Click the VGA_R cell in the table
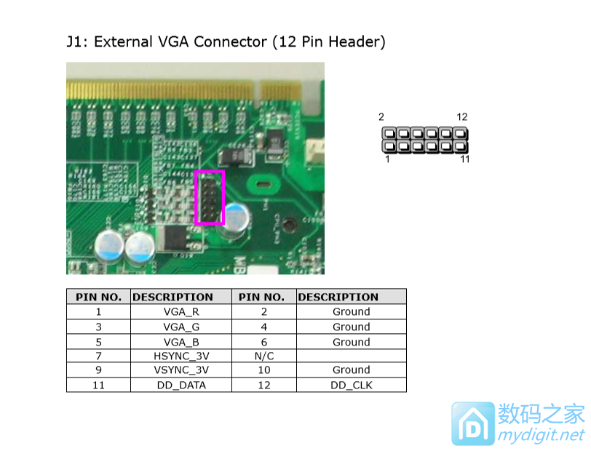tap(181, 311)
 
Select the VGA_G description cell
tap(181, 327)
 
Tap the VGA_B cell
tap(181, 342)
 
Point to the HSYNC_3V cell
tap(181, 356)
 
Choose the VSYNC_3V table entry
tap(181, 370)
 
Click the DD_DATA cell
tap(181, 385)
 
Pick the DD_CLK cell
tap(351, 385)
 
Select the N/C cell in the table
tap(263, 356)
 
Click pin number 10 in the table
tap(263, 370)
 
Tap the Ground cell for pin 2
tap(351, 311)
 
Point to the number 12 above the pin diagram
tap(461, 117)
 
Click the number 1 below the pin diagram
tap(386, 159)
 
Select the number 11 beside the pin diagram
tap(464, 159)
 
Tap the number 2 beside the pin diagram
tap(381, 117)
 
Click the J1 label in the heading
tap(76, 41)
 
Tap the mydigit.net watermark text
tap(540, 435)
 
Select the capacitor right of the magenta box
tap(238, 217)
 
